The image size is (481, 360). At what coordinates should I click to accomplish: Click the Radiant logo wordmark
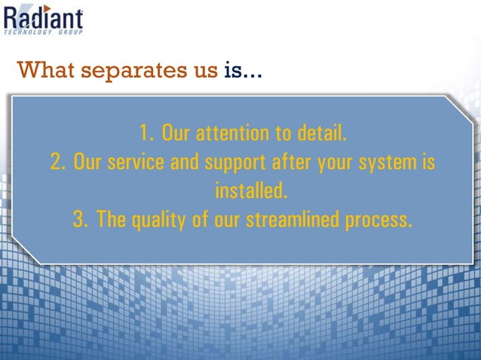[x=44, y=17]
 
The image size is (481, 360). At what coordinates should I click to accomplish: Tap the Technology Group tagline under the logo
[x=44, y=32]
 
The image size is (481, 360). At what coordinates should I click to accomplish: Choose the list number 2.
[x=57, y=163]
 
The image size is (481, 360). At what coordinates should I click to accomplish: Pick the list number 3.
[x=81, y=220]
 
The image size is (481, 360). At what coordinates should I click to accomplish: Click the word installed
[x=251, y=191]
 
